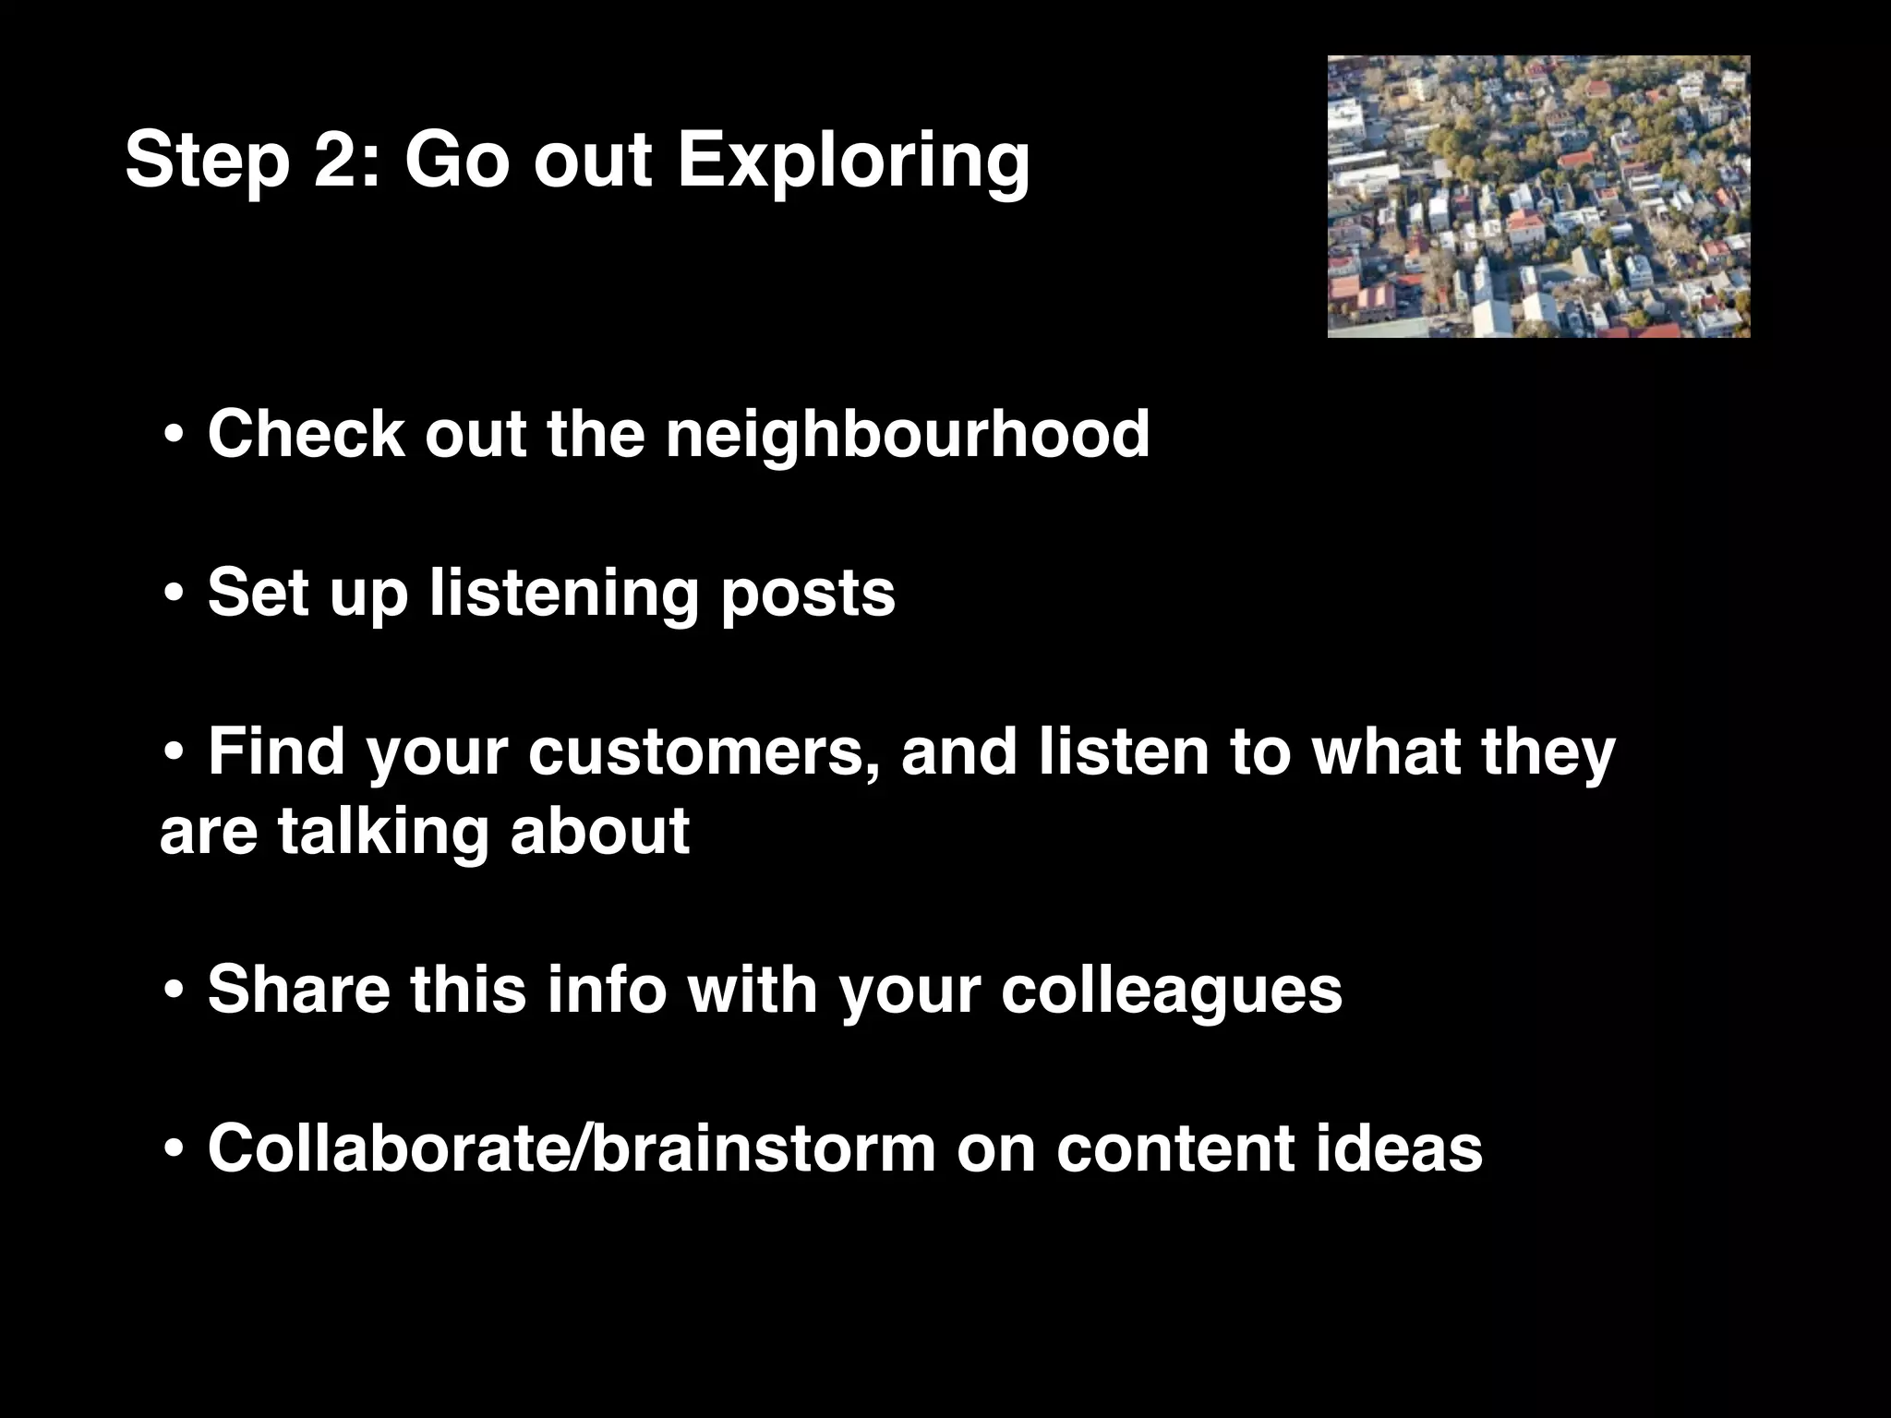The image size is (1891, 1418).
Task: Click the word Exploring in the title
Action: tap(853, 162)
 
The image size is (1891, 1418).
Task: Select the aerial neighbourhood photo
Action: tap(1538, 197)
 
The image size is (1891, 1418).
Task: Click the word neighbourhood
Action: tap(908, 433)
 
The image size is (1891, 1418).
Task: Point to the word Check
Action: tap(306, 433)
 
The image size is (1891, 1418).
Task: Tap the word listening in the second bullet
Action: tap(563, 594)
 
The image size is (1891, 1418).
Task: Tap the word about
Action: tap(599, 830)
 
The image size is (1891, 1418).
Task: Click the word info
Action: tap(606, 990)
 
